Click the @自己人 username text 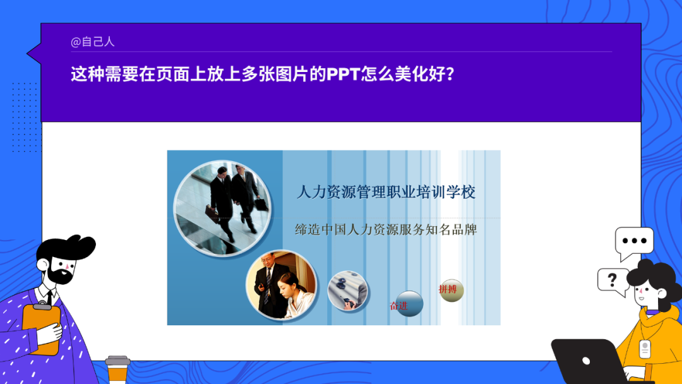92,42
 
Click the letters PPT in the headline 343,75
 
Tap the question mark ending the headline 450,75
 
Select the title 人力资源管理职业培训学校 386,192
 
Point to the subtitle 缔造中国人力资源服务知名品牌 386,229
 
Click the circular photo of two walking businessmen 222,208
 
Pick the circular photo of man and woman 282,285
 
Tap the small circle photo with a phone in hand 347,290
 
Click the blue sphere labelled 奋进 409,304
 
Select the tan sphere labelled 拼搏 452,291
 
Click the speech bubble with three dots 634,243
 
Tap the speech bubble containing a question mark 613,282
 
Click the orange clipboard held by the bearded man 41,329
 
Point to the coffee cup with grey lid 117,369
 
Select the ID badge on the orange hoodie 645,349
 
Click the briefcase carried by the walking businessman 212,214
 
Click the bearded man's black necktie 50,297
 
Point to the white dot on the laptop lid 586,361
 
